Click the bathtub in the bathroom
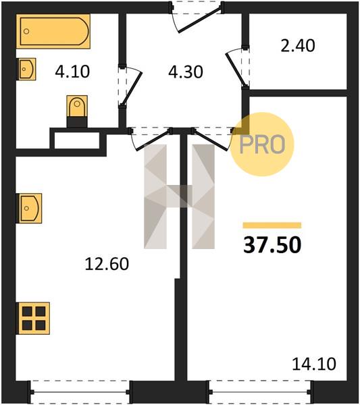pos(53,31)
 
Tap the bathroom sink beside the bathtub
pos(26,69)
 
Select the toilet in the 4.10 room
pos(77,111)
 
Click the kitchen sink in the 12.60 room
pos(29,208)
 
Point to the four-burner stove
pos(33,318)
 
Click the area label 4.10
pos(72,72)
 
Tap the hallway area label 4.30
pos(186,72)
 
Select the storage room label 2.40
pos(298,46)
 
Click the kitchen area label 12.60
pos(107,264)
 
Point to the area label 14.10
pos(314,364)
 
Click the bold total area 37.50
pos(272,245)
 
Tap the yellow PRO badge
pos(262,144)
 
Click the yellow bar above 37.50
pos(272,225)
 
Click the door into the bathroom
pos(130,86)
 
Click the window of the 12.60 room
pos(80,391)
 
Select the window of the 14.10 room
pos(261,391)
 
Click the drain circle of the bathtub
pos(26,32)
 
